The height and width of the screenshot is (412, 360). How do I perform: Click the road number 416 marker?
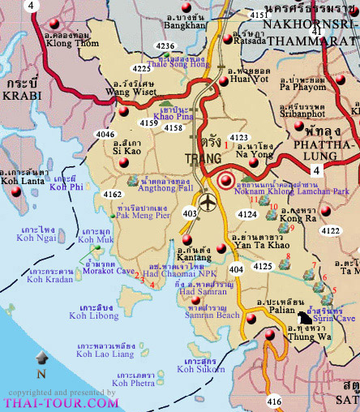[274, 401]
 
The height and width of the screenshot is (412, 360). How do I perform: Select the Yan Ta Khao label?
[258, 238]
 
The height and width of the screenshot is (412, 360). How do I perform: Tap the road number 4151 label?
[258, 15]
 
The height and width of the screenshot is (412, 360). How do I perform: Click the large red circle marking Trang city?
[225, 181]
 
